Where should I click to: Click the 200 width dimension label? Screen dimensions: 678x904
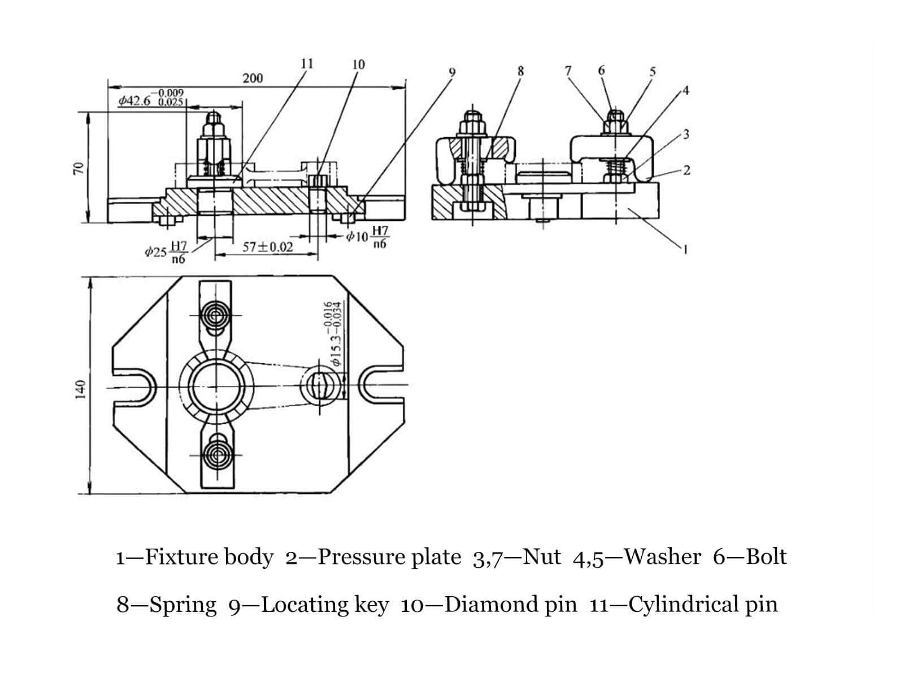253,78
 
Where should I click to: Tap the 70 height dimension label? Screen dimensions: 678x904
80,168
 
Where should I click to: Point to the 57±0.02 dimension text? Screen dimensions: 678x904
268,247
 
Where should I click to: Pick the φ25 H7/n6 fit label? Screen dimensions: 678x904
166,252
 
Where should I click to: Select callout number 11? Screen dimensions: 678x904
307,63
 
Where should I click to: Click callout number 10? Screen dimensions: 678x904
358,64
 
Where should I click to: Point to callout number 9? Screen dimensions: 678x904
451,72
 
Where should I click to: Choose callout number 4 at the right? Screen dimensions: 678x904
685,91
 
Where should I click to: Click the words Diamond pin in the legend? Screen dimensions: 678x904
511,605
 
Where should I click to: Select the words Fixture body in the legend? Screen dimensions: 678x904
208,557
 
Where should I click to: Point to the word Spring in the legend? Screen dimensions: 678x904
182,605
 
